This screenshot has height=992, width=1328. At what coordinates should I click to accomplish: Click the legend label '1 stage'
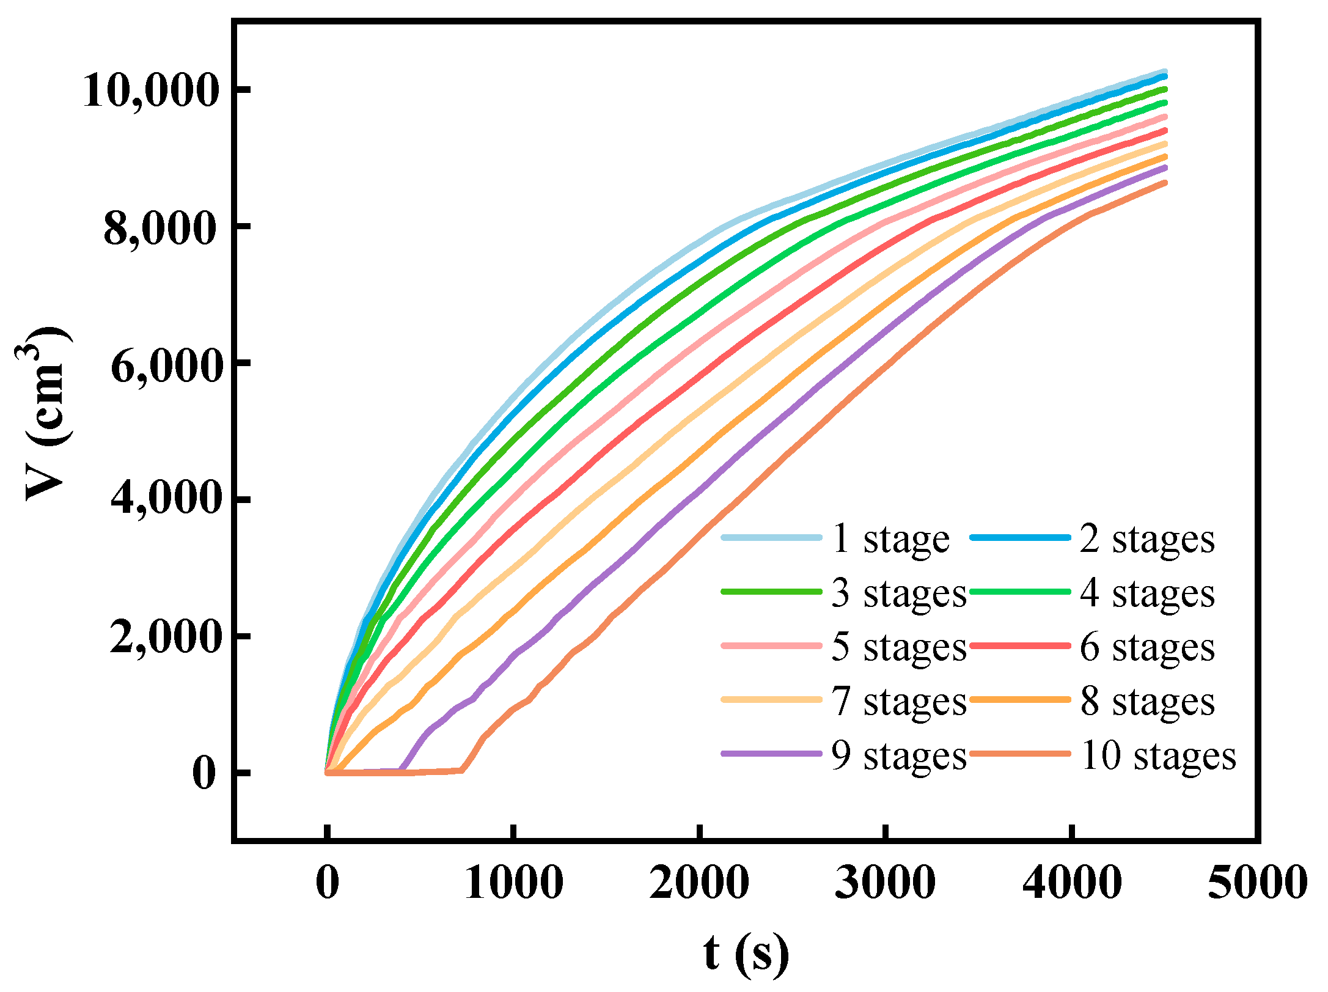coord(890,539)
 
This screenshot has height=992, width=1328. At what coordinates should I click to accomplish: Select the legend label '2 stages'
coord(1147,539)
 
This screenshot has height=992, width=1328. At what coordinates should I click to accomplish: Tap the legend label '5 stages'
coord(898,647)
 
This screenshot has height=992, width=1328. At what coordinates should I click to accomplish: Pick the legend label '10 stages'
coord(1158,756)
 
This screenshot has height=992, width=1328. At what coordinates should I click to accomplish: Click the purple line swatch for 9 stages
coord(771,754)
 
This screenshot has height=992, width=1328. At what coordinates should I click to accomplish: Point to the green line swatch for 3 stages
coord(771,591)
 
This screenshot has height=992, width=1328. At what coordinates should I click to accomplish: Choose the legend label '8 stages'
coord(1147,702)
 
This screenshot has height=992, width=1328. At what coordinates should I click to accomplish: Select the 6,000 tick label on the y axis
coord(164,366)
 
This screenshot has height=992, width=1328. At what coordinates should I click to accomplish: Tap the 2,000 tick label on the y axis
coord(164,639)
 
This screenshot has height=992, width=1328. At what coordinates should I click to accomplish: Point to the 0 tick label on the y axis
coord(204,774)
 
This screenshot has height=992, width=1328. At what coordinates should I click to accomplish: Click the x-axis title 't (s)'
coord(746,953)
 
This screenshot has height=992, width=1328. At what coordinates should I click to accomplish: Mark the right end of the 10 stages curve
coord(1165,183)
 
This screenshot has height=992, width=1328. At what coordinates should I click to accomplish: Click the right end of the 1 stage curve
coord(1165,72)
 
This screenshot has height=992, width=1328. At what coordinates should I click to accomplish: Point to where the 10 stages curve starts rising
coord(463,770)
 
